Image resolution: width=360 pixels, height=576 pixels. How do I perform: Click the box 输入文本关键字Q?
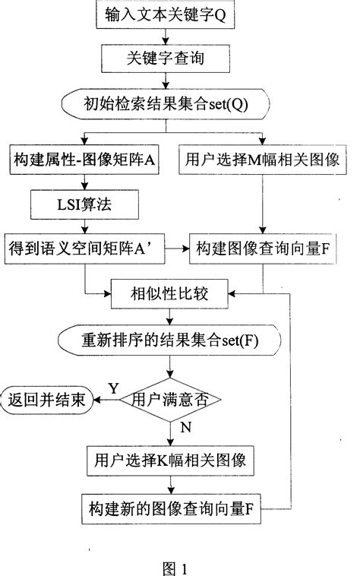pyautogui.click(x=165, y=15)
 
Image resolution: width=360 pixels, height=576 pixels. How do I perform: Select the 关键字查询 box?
pyautogui.click(x=165, y=57)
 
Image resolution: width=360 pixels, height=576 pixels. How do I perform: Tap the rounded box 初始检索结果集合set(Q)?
pyautogui.click(x=166, y=101)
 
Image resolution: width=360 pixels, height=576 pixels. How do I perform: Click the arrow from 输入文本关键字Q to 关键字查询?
pyautogui.click(x=165, y=36)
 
